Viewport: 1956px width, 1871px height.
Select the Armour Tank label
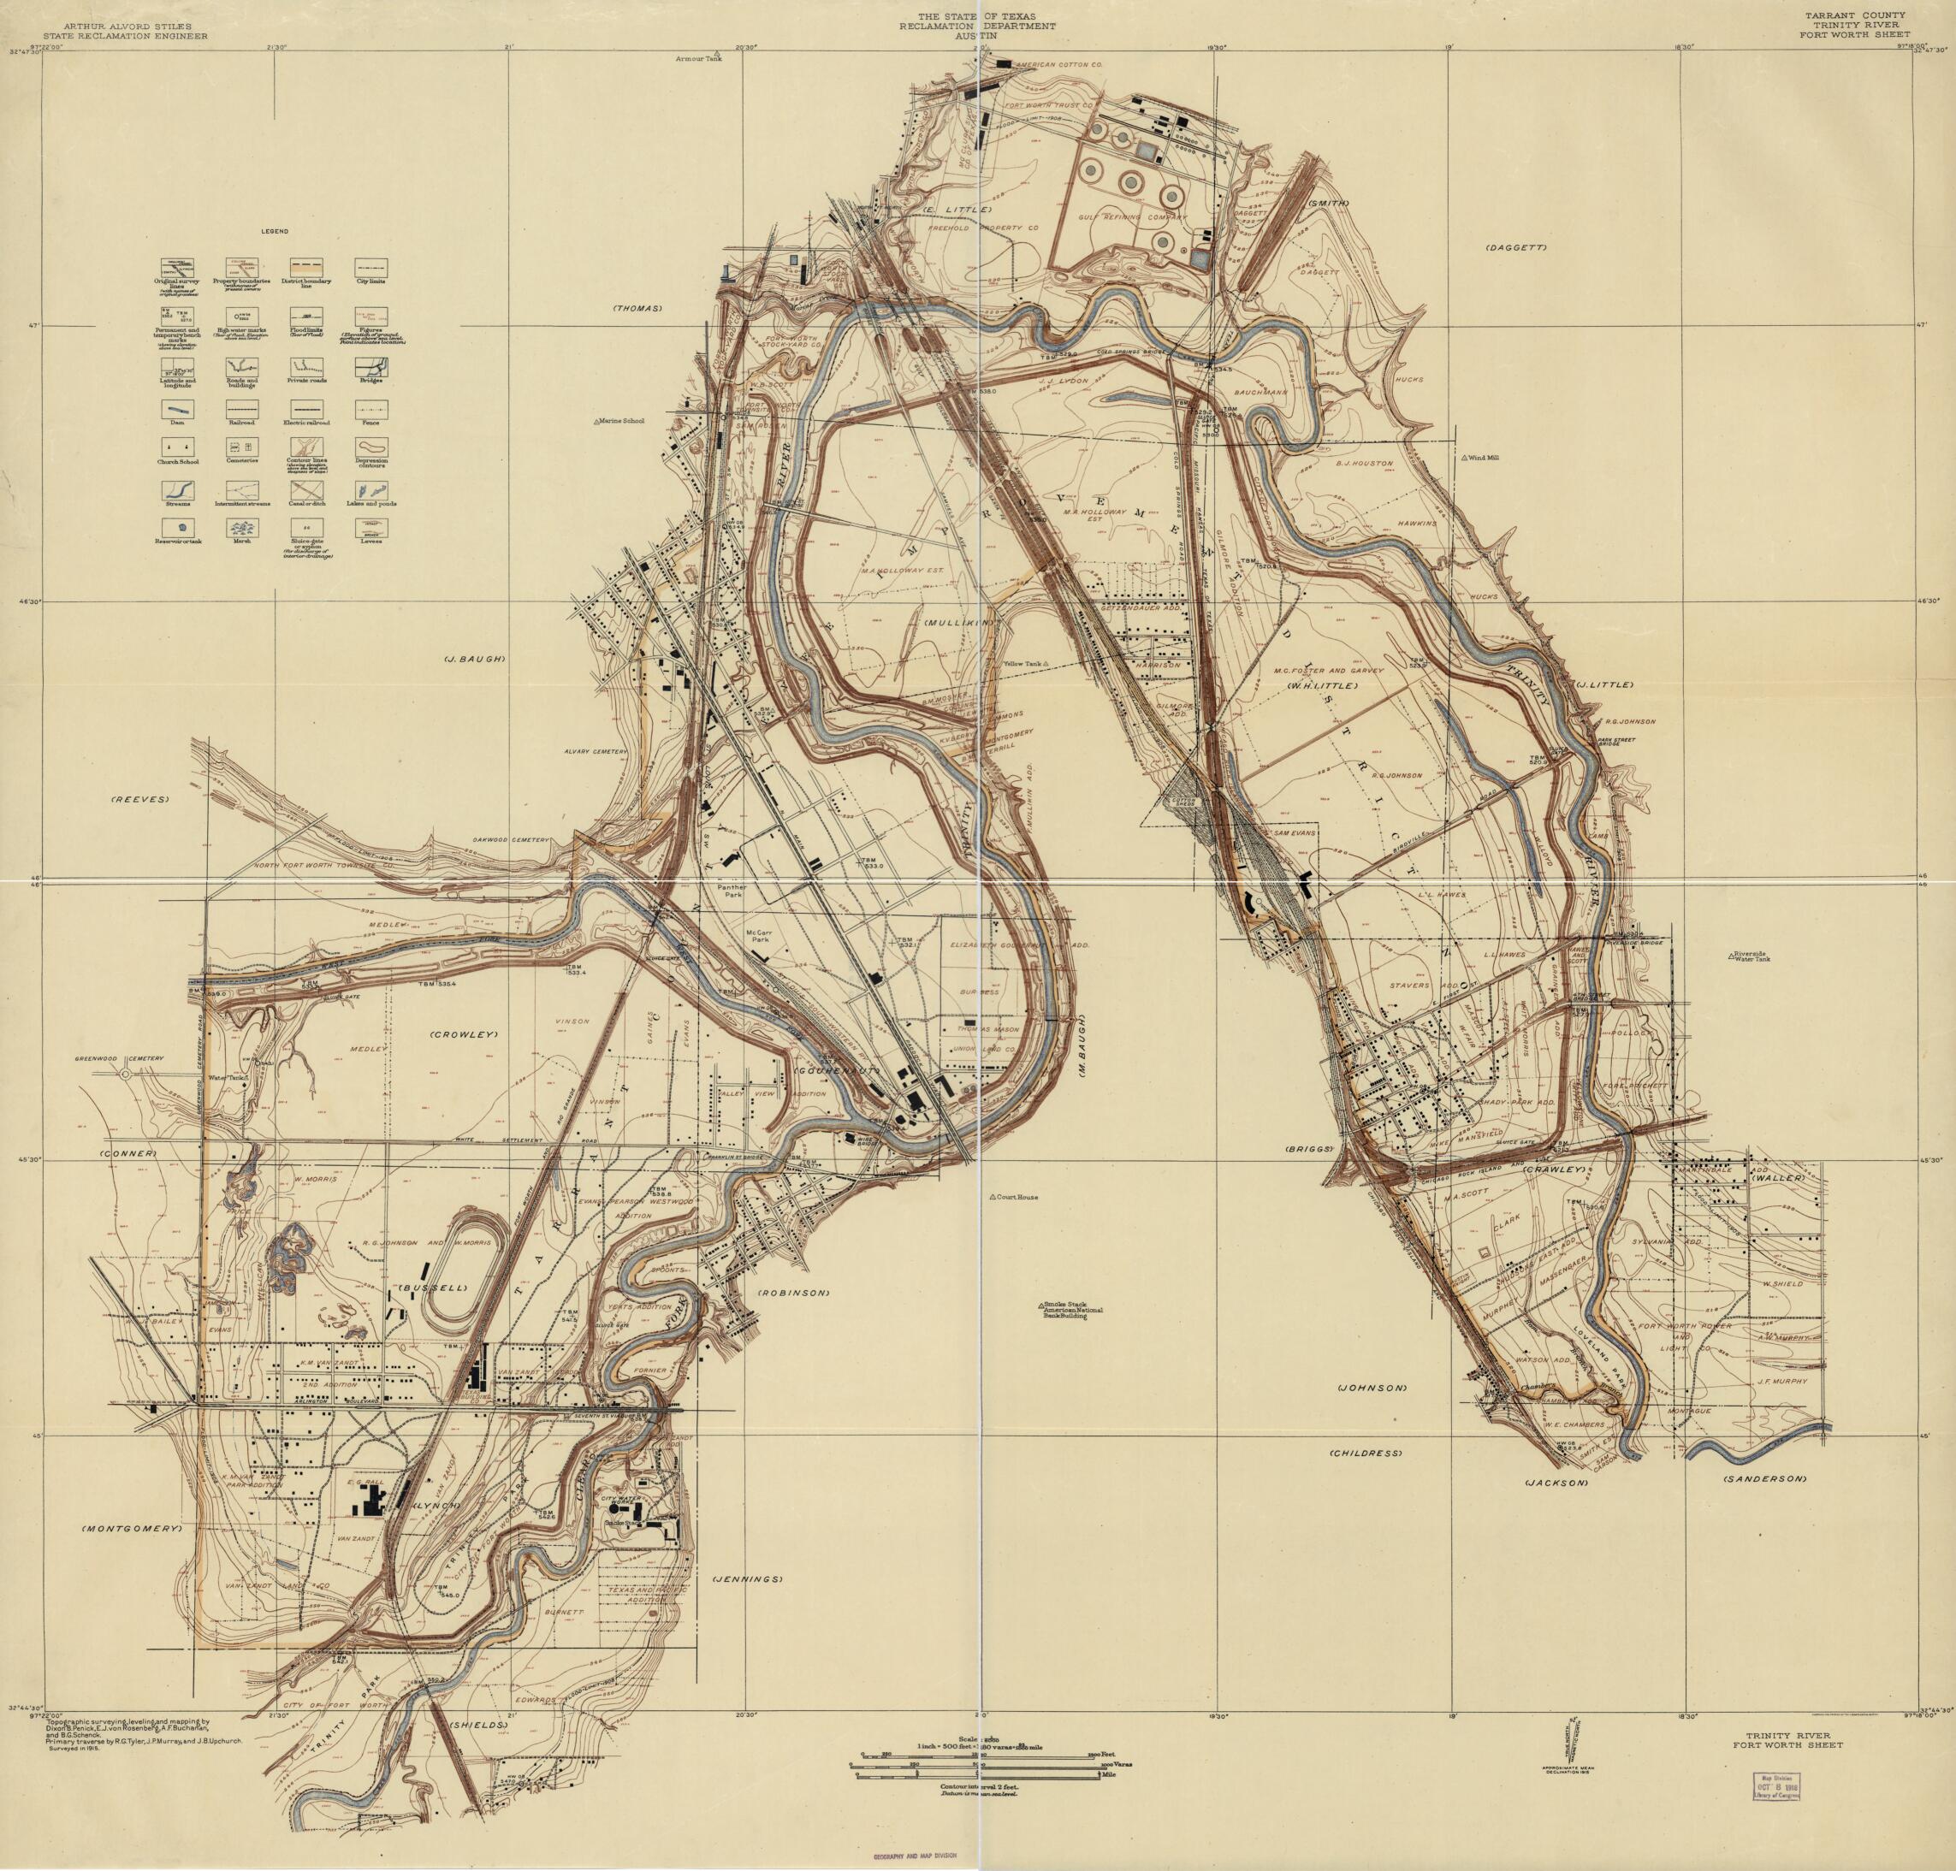(697, 59)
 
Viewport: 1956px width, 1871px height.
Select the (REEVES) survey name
(142, 801)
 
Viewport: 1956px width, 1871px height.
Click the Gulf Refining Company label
(1132, 216)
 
